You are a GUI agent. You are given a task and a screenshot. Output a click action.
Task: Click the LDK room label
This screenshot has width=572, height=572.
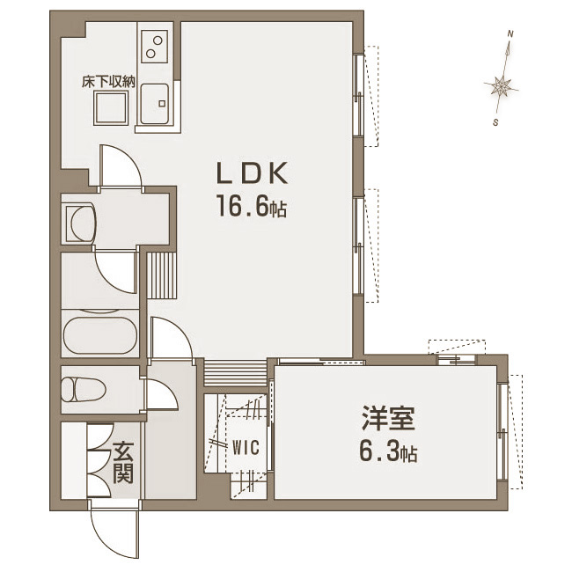(x=253, y=172)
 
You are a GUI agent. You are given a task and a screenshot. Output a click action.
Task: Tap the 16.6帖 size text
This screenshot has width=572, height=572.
(x=252, y=206)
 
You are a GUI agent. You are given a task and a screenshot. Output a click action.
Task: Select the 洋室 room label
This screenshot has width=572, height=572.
(x=388, y=418)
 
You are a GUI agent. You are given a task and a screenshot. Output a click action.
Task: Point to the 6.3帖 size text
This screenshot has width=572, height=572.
(x=388, y=451)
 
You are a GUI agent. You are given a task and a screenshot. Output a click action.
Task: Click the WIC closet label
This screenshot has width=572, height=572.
(x=246, y=447)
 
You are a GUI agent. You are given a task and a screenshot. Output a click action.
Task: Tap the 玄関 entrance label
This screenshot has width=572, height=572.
(x=123, y=463)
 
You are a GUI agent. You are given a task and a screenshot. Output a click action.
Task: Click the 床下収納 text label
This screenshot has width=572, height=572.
(x=108, y=82)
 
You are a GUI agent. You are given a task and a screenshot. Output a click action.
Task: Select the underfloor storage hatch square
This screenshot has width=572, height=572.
(x=111, y=108)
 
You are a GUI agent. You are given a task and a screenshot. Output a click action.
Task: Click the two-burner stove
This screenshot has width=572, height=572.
(x=154, y=47)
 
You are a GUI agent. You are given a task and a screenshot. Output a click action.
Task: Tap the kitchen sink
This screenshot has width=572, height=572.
(x=155, y=105)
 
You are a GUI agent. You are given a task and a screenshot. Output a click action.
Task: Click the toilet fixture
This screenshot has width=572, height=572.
(x=84, y=390)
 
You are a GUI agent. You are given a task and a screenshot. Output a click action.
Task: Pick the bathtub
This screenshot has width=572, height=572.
(x=100, y=334)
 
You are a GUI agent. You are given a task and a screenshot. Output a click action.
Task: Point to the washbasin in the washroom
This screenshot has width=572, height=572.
(x=81, y=223)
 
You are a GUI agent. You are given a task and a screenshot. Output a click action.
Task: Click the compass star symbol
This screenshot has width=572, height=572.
(x=502, y=87)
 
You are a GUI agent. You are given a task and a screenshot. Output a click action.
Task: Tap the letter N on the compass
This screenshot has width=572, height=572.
(x=511, y=34)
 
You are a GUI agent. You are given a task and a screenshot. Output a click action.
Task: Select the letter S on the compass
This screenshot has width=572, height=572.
(x=495, y=122)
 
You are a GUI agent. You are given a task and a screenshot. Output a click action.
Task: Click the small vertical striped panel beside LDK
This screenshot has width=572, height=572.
(x=162, y=275)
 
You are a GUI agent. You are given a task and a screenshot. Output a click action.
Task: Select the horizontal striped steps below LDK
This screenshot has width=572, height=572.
(x=235, y=373)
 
